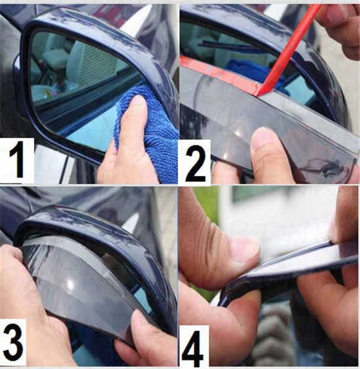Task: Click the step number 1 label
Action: pyautogui.click(x=17, y=160)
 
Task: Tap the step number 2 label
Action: pyautogui.click(x=196, y=163)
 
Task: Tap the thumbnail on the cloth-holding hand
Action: pyautogui.click(x=137, y=103)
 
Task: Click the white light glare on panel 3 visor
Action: pyautogui.click(x=70, y=285)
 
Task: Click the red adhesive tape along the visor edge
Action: pyautogui.click(x=219, y=73)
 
